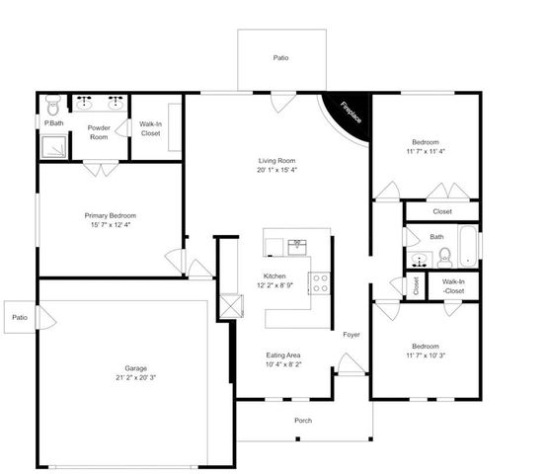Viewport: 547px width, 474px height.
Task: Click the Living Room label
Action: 276,160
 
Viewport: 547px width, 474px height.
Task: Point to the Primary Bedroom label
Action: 109,215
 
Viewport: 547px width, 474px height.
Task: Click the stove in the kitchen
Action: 320,283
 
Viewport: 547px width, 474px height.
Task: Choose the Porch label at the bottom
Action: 303,421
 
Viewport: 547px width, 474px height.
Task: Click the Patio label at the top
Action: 281,58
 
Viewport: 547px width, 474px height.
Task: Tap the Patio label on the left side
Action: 20,317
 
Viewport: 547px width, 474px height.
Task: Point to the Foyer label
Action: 351,335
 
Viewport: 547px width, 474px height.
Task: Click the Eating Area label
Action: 283,355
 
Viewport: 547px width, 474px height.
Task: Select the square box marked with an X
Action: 232,304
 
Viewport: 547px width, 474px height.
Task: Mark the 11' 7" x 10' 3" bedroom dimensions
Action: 425,355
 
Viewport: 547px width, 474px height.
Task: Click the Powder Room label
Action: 99,132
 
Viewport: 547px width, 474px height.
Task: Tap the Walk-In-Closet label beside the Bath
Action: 454,285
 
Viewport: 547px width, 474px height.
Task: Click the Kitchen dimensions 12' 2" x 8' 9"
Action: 275,285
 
